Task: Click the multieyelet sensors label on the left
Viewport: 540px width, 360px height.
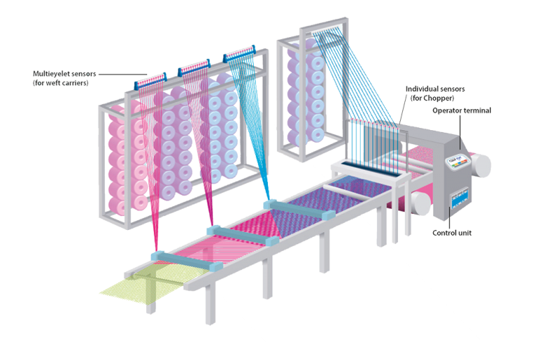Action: [60, 77]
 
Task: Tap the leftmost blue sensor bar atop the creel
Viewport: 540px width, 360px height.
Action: [148, 84]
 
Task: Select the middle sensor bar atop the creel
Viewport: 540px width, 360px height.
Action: [193, 69]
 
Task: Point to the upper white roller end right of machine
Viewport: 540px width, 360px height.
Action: [482, 163]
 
